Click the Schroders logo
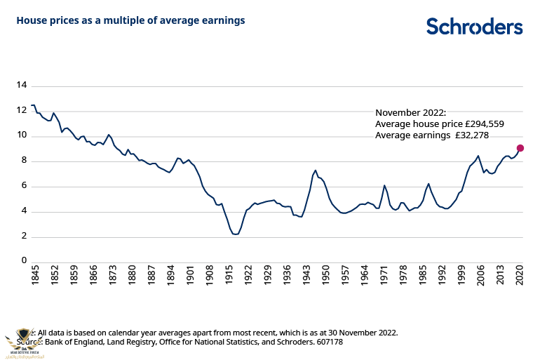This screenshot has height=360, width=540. [x=475, y=27]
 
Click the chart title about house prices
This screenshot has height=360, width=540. [x=130, y=20]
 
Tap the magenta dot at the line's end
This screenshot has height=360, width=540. [x=520, y=148]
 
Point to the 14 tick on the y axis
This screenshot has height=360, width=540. [x=21, y=86]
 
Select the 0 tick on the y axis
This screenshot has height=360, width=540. [x=24, y=262]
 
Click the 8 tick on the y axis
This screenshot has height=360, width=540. [x=24, y=161]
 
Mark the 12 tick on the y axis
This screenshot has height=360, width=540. [x=21, y=111]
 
